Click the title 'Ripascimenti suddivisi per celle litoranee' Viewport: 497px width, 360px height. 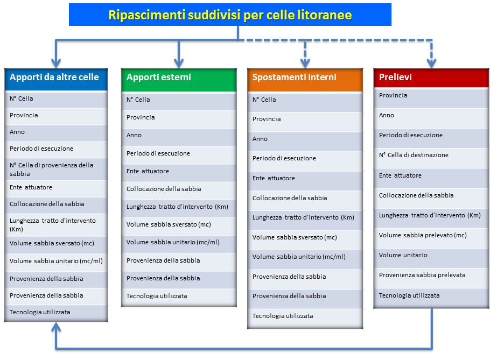pos(230,15)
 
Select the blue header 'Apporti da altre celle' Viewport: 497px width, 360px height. pos(54,77)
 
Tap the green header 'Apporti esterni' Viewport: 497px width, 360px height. pos(159,77)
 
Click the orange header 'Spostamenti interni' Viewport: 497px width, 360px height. pos(294,77)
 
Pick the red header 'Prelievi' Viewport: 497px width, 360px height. pos(395,77)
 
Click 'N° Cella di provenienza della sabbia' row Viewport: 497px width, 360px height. pos(51,170)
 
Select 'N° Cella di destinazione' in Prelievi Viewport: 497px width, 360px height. pos(414,155)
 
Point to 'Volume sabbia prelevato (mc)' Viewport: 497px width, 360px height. pos(423,235)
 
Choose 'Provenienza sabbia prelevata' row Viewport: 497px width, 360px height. pos(422,275)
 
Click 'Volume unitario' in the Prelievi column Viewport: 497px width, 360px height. pos(403,255)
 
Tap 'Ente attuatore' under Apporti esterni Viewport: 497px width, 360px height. pos(148,171)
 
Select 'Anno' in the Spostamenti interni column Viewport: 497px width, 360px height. pos(260,139)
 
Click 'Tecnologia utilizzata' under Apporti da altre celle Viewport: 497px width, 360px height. pos(40,312)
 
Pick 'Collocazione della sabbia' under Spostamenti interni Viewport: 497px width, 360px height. pos(290,198)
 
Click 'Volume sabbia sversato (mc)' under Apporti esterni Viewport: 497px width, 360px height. pos(169,224)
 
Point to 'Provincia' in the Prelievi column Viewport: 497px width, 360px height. pos(393,95)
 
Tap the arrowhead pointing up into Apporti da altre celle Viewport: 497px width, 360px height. pos(56,327)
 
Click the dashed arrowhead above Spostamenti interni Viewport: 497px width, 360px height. pos(305,63)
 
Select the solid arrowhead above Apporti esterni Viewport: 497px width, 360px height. pos(179,63)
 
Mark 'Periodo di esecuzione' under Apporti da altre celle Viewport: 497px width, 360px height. pos(41,149)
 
